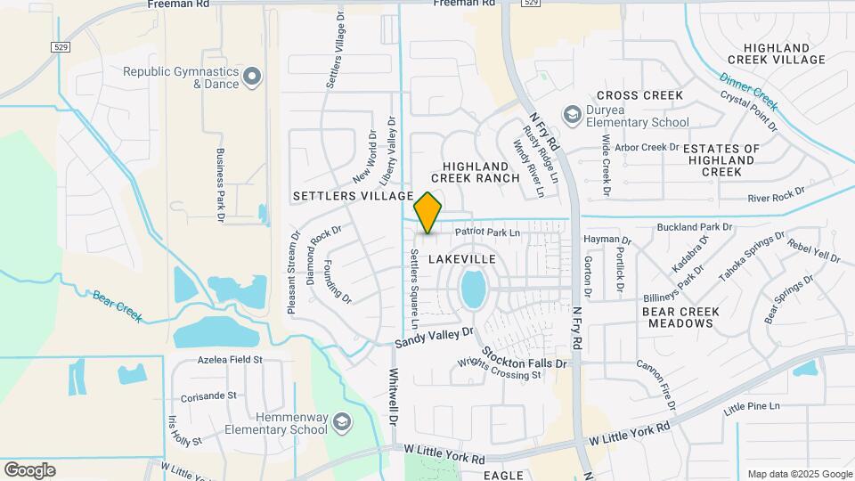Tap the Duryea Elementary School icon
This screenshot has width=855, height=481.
(572, 114)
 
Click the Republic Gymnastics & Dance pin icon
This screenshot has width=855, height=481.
(253, 77)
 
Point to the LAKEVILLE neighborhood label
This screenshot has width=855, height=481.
(461, 258)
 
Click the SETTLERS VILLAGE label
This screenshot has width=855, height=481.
(353, 195)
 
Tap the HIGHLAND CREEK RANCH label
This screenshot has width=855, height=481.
(481, 172)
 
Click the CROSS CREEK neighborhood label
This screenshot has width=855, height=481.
(639, 95)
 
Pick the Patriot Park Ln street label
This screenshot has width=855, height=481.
(486, 232)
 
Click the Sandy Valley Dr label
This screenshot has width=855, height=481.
(435, 338)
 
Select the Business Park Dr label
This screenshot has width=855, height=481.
(219, 182)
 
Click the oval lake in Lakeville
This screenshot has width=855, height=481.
(473, 289)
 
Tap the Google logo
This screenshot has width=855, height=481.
(29, 469)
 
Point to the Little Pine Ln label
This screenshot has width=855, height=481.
(752, 406)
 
